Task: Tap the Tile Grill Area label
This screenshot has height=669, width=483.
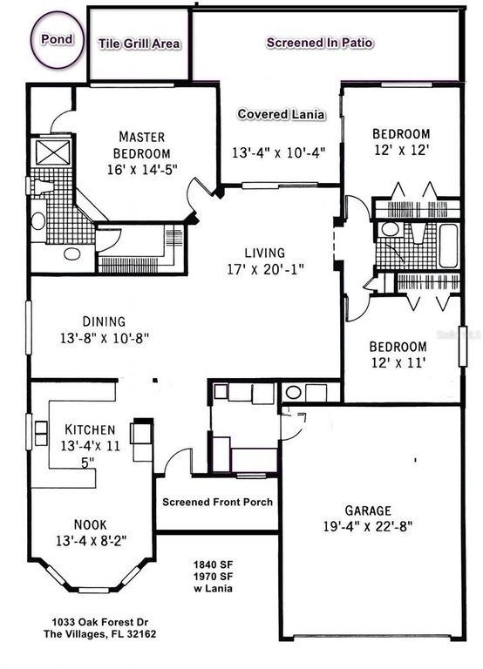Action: coord(139,43)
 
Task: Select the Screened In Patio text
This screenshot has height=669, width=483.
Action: coord(320,42)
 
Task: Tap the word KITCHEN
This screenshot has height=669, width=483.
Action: coord(91,429)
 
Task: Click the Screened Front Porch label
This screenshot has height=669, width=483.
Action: coord(217,502)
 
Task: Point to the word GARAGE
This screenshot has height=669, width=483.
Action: coord(367,510)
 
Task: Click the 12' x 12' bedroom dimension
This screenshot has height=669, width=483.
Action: coord(401,150)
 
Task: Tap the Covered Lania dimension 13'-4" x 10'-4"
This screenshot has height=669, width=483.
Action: coord(278,152)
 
